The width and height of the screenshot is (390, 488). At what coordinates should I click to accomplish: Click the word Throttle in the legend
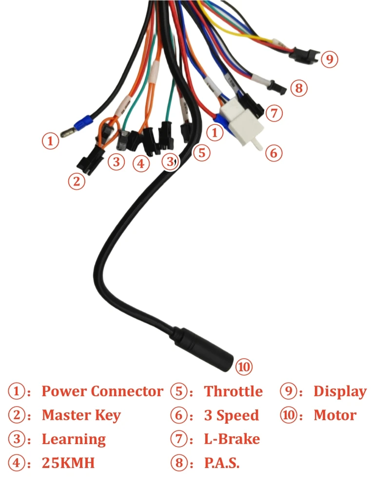click(x=233, y=391)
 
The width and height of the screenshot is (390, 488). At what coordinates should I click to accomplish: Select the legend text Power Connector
click(x=102, y=391)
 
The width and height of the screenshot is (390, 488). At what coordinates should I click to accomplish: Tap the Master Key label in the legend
click(x=81, y=415)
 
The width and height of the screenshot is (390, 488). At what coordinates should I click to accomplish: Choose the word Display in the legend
click(x=340, y=391)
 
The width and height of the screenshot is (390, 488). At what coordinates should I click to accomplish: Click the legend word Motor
click(x=335, y=415)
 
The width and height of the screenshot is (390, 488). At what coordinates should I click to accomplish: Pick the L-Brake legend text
click(x=232, y=439)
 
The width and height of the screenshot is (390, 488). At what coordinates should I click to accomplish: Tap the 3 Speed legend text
click(x=231, y=415)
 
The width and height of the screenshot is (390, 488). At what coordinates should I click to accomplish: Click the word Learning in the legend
click(x=74, y=439)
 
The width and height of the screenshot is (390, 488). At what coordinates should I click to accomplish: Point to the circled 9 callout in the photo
click(x=330, y=60)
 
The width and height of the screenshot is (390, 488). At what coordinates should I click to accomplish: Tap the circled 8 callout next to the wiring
click(x=299, y=88)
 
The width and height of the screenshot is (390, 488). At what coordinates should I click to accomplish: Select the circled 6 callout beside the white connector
click(x=273, y=153)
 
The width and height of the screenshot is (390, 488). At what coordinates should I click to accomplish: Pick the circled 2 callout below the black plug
click(x=76, y=182)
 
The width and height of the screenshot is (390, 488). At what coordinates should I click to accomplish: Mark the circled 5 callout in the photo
click(x=201, y=153)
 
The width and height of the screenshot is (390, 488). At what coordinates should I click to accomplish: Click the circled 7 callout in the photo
click(x=274, y=114)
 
